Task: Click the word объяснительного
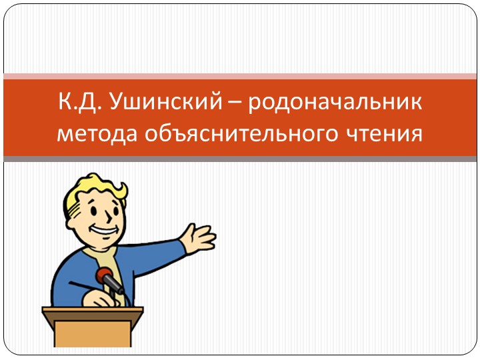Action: click(x=240, y=134)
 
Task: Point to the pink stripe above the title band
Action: click(x=240, y=76)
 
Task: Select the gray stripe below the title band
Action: click(x=240, y=159)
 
